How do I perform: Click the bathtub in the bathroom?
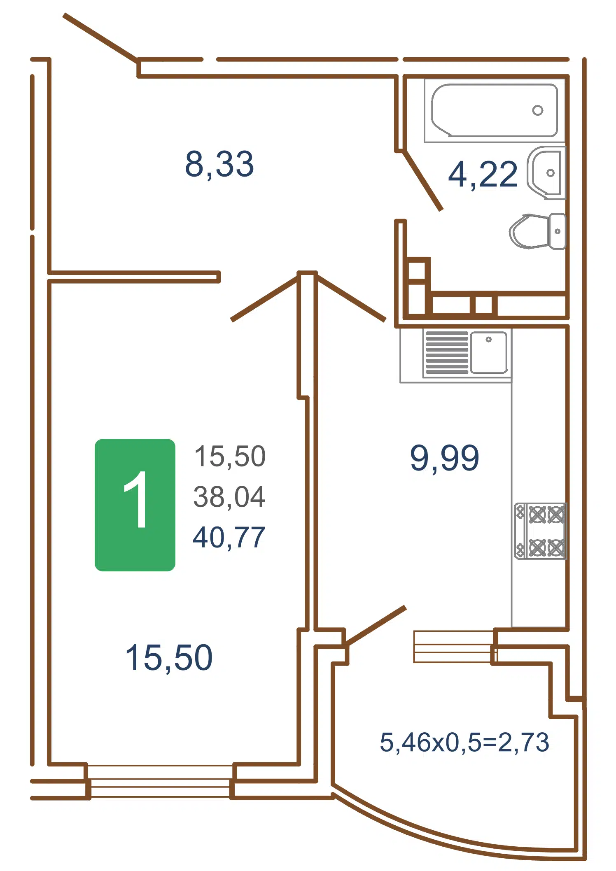[495, 110]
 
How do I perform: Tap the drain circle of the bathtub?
[537, 110]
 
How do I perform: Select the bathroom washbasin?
[546, 173]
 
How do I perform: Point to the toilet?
[537, 231]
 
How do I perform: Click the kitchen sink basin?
[489, 352]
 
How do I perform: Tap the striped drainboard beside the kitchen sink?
[447, 352]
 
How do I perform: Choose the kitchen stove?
[540, 531]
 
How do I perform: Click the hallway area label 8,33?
[219, 164]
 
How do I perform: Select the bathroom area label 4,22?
[483, 175]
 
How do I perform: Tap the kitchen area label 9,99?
[445, 458]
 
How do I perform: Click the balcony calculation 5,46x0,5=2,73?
[464, 742]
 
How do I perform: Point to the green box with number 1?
[135, 505]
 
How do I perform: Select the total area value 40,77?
[229, 537]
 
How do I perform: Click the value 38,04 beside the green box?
[229, 496]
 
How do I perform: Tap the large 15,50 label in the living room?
[169, 657]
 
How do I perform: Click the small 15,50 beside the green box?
[230, 456]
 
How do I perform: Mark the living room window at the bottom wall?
[160, 781]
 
